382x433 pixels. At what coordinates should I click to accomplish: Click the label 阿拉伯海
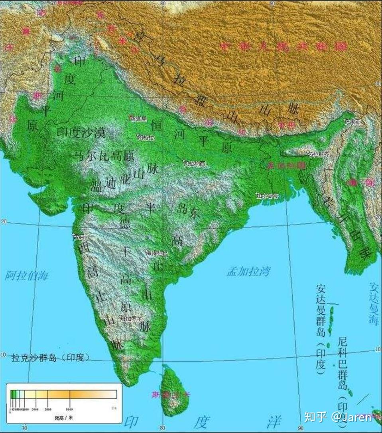click(x=27, y=275)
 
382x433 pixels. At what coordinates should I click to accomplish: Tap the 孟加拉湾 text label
click(x=248, y=272)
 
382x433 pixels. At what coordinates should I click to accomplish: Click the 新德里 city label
click(x=139, y=118)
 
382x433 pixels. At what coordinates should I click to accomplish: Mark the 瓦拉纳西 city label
click(x=195, y=163)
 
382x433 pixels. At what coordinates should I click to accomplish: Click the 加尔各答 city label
click(x=268, y=196)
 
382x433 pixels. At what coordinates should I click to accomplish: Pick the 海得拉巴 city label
click(x=156, y=253)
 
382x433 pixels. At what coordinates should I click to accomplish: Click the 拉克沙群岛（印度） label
click(x=50, y=357)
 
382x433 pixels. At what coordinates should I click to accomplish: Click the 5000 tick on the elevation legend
click(x=69, y=409)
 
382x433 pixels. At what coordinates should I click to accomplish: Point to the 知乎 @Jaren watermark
click(x=337, y=417)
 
